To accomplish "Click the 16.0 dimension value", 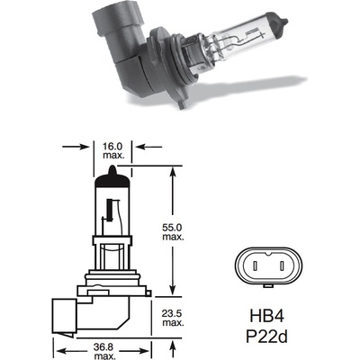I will pyautogui.click(x=112, y=143).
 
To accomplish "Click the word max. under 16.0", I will pyautogui.click(x=112, y=153).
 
